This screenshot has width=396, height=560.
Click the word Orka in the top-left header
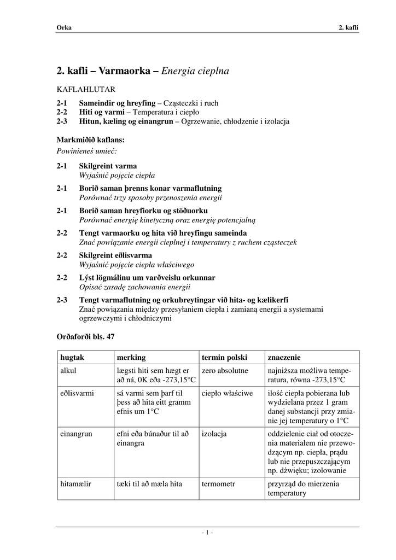coord(64,28)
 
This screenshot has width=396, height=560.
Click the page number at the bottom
coord(207,533)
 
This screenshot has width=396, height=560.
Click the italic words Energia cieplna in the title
coord(195,71)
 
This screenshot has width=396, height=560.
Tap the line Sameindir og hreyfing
coord(117,103)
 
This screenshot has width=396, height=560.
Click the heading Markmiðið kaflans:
coord(91,139)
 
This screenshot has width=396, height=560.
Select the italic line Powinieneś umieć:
coord(87,149)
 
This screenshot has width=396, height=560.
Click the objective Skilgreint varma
coord(108,166)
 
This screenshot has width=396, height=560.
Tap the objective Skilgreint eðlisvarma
coord(115,255)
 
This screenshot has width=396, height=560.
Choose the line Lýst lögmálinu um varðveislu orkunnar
coord(147,278)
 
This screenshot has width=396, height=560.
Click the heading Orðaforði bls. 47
coord(86,336)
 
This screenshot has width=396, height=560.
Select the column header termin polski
coord(224,357)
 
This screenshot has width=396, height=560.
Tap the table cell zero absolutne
coord(225,370)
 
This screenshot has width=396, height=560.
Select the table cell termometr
coord(221,483)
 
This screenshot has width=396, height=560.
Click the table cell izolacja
coord(214,434)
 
